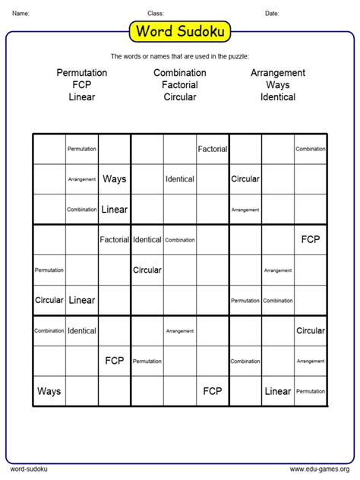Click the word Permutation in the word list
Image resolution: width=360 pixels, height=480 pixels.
(82, 73)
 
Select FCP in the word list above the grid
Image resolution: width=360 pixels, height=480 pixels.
(82, 85)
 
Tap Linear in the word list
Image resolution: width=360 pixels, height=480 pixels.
(82, 97)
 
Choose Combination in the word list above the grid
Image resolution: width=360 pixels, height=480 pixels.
(180, 73)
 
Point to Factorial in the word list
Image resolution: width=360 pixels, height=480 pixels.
(180, 85)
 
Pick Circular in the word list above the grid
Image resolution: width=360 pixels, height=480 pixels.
(180, 97)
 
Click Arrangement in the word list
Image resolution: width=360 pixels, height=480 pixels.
(278, 73)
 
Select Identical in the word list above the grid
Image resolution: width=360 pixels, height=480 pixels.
(278, 97)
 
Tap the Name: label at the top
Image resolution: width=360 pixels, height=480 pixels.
(21, 13)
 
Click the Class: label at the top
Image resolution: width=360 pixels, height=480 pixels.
(156, 13)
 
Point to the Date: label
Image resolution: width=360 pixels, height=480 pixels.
(272, 13)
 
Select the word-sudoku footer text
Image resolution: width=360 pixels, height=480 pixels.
(27, 469)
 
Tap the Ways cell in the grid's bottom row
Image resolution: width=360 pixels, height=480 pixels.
(49, 391)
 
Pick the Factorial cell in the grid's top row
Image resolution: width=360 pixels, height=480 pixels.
(213, 149)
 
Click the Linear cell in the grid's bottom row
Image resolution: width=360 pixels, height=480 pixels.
(278, 391)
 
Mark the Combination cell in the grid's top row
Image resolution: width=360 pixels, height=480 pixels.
(311, 149)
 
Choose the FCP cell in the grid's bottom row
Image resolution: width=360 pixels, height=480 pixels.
(213, 391)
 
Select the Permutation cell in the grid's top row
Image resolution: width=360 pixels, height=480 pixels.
(81, 149)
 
